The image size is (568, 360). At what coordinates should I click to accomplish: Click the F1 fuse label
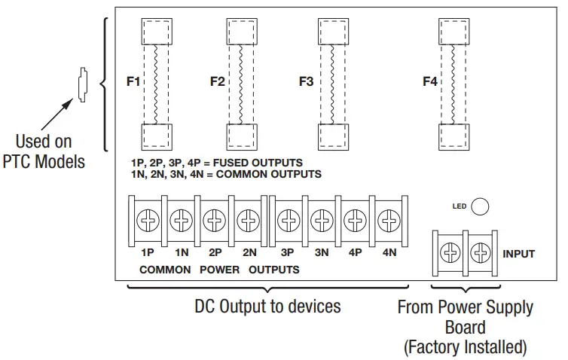[x=133, y=81]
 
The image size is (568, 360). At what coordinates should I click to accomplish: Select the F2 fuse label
[x=218, y=81]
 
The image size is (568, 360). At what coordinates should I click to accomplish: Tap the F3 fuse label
[x=305, y=81]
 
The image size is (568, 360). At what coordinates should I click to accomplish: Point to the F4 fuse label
[x=429, y=81]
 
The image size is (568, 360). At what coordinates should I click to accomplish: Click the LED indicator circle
[x=480, y=206]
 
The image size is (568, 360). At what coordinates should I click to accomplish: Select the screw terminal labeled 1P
[x=148, y=221]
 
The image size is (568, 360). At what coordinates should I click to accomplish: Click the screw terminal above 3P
[x=287, y=221]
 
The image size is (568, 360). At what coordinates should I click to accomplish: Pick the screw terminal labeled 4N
[x=389, y=221]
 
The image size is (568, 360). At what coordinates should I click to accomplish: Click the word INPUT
[x=518, y=254]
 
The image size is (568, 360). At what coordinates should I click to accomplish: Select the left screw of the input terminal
[x=449, y=254]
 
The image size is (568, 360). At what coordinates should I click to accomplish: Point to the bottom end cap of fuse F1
[x=159, y=137]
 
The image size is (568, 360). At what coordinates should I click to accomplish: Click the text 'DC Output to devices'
[x=267, y=307]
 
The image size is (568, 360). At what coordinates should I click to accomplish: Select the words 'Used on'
[x=44, y=141]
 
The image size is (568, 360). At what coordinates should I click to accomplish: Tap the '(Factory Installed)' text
[x=465, y=347]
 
